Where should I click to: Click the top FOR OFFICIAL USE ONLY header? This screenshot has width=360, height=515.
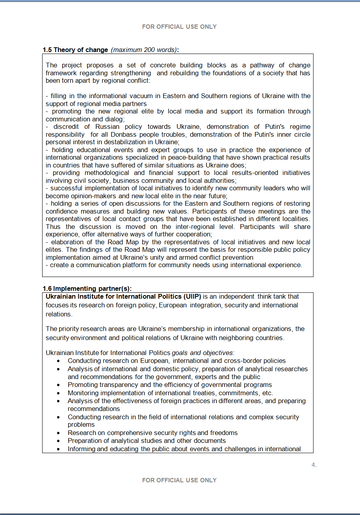(x=179, y=27)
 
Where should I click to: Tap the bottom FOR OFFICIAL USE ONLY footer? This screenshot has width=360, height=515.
(x=179, y=480)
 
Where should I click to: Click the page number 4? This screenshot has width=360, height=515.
(x=314, y=465)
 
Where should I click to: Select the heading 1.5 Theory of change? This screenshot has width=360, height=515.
(x=75, y=50)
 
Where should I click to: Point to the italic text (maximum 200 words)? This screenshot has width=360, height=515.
(x=144, y=50)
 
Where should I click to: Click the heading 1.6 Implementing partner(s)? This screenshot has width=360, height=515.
(x=87, y=288)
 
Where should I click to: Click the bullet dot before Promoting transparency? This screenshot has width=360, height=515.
(x=59, y=385)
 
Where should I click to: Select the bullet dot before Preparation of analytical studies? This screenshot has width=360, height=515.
(x=59, y=441)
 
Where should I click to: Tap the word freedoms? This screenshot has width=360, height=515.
(x=224, y=433)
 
